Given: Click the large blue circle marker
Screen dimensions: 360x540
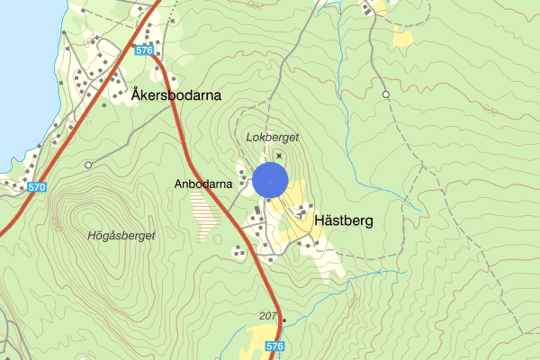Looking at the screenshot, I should [270, 180].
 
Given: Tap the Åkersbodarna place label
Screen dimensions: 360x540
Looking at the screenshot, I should [175, 94].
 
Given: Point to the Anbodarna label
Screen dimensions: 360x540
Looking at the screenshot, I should [204, 184].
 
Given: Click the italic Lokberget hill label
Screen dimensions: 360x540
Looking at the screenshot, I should [272, 137].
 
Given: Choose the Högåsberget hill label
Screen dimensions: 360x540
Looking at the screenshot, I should [122, 236].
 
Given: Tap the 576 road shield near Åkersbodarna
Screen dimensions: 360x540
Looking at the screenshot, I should [145, 50].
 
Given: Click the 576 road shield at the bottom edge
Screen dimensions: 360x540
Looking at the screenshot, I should [275, 346].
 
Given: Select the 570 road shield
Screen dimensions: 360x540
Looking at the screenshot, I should [36, 186].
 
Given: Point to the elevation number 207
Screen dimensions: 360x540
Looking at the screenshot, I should [267, 315].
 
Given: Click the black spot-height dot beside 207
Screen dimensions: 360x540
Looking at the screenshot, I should [283, 319].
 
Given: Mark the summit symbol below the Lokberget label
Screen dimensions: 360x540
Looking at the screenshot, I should [278, 156].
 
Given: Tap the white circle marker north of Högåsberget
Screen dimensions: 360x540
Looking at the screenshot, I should [88, 165].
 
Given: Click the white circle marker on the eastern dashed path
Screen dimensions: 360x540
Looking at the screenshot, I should [385, 94].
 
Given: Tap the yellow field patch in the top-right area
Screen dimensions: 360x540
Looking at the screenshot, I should [402, 38].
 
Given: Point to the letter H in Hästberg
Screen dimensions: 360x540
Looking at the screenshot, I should [319, 220].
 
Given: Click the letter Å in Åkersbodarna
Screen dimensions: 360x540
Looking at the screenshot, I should [135, 94].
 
